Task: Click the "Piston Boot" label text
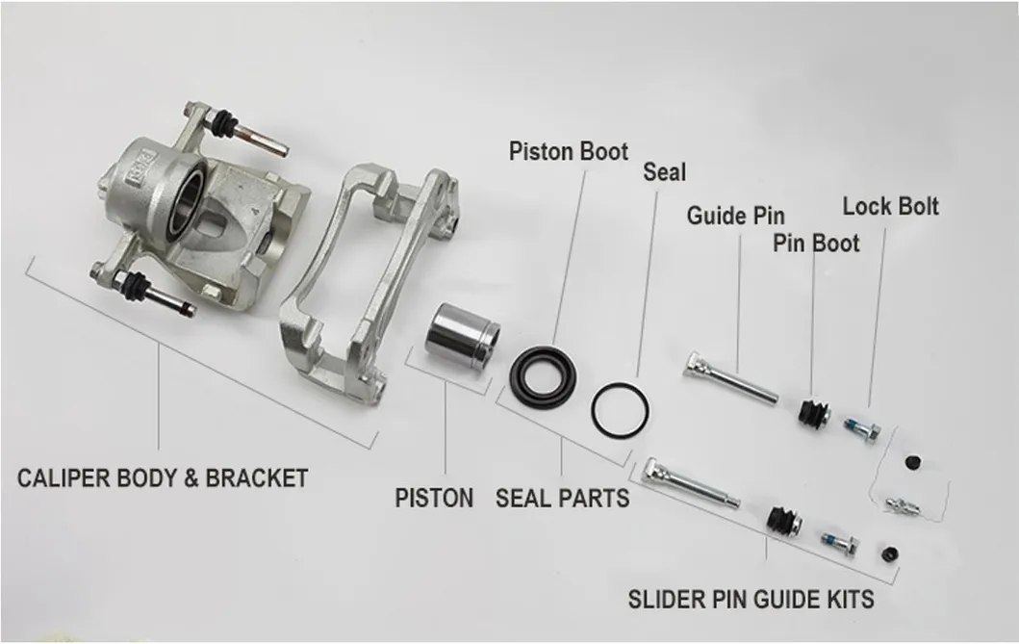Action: click(x=568, y=152)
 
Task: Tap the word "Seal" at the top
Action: click(x=664, y=172)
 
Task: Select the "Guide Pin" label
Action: click(x=735, y=215)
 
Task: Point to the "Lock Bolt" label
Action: click(x=890, y=206)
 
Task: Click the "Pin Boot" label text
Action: click(x=816, y=243)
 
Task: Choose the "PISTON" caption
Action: click(x=434, y=498)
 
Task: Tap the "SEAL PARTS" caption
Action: click(x=562, y=498)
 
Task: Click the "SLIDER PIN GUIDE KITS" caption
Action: click(x=751, y=599)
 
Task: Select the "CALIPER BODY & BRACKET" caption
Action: click(x=163, y=477)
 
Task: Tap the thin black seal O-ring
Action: click(x=620, y=410)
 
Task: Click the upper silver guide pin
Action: click(x=731, y=378)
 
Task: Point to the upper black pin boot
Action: click(x=812, y=412)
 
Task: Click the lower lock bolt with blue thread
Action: click(x=840, y=543)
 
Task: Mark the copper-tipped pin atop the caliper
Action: click(x=254, y=136)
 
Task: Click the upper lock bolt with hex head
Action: click(x=859, y=426)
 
